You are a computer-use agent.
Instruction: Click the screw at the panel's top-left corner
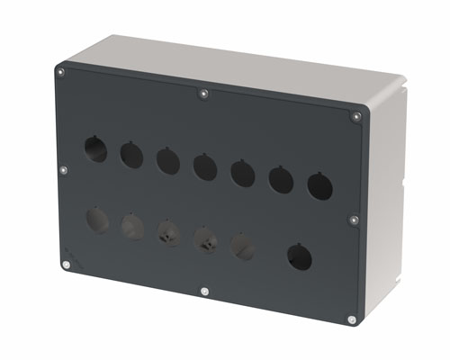coord(60,72)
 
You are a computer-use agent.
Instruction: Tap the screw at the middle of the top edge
coord(204,93)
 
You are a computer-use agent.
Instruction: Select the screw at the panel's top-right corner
coord(356,116)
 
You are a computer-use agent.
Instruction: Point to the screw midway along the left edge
coord(63,168)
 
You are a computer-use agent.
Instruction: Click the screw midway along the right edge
coord(353,219)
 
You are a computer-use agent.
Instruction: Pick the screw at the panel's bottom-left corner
coord(66,265)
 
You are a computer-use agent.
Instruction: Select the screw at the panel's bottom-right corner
coord(350,319)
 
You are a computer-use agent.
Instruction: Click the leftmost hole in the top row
coord(95,148)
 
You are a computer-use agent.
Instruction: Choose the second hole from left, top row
coord(131,155)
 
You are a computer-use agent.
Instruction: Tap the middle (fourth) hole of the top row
coord(204,166)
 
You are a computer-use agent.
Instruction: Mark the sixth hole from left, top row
coord(281,179)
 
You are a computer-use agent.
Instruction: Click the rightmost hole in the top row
coord(319,185)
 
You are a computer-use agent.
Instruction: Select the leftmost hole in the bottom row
coord(96,220)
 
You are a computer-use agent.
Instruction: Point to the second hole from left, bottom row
coord(132,226)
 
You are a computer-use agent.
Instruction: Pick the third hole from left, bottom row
coord(168,233)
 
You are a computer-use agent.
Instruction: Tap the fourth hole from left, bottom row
coord(204,239)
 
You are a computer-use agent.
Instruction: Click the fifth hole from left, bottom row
coord(242,246)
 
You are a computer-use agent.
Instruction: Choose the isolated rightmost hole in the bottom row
coord(300,257)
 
